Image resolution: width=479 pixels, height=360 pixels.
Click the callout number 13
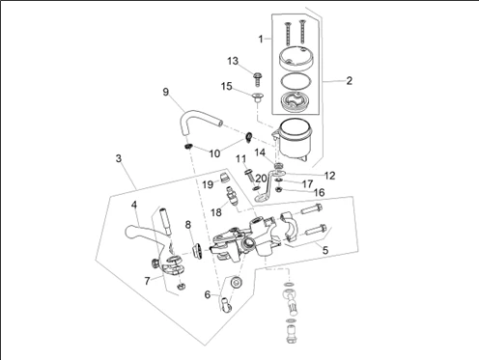[233, 61]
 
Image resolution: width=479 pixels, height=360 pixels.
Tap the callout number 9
[165, 92]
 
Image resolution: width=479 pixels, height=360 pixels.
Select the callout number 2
[350, 80]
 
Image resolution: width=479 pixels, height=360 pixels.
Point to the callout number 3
[119, 158]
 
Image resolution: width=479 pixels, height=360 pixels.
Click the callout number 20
[261, 178]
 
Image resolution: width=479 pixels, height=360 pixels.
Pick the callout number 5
[325, 250]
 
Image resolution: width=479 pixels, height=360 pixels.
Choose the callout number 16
[319, 192]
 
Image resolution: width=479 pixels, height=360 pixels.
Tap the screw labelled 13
[257, 80]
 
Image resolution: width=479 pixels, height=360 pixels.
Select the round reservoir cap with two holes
[296, 58]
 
